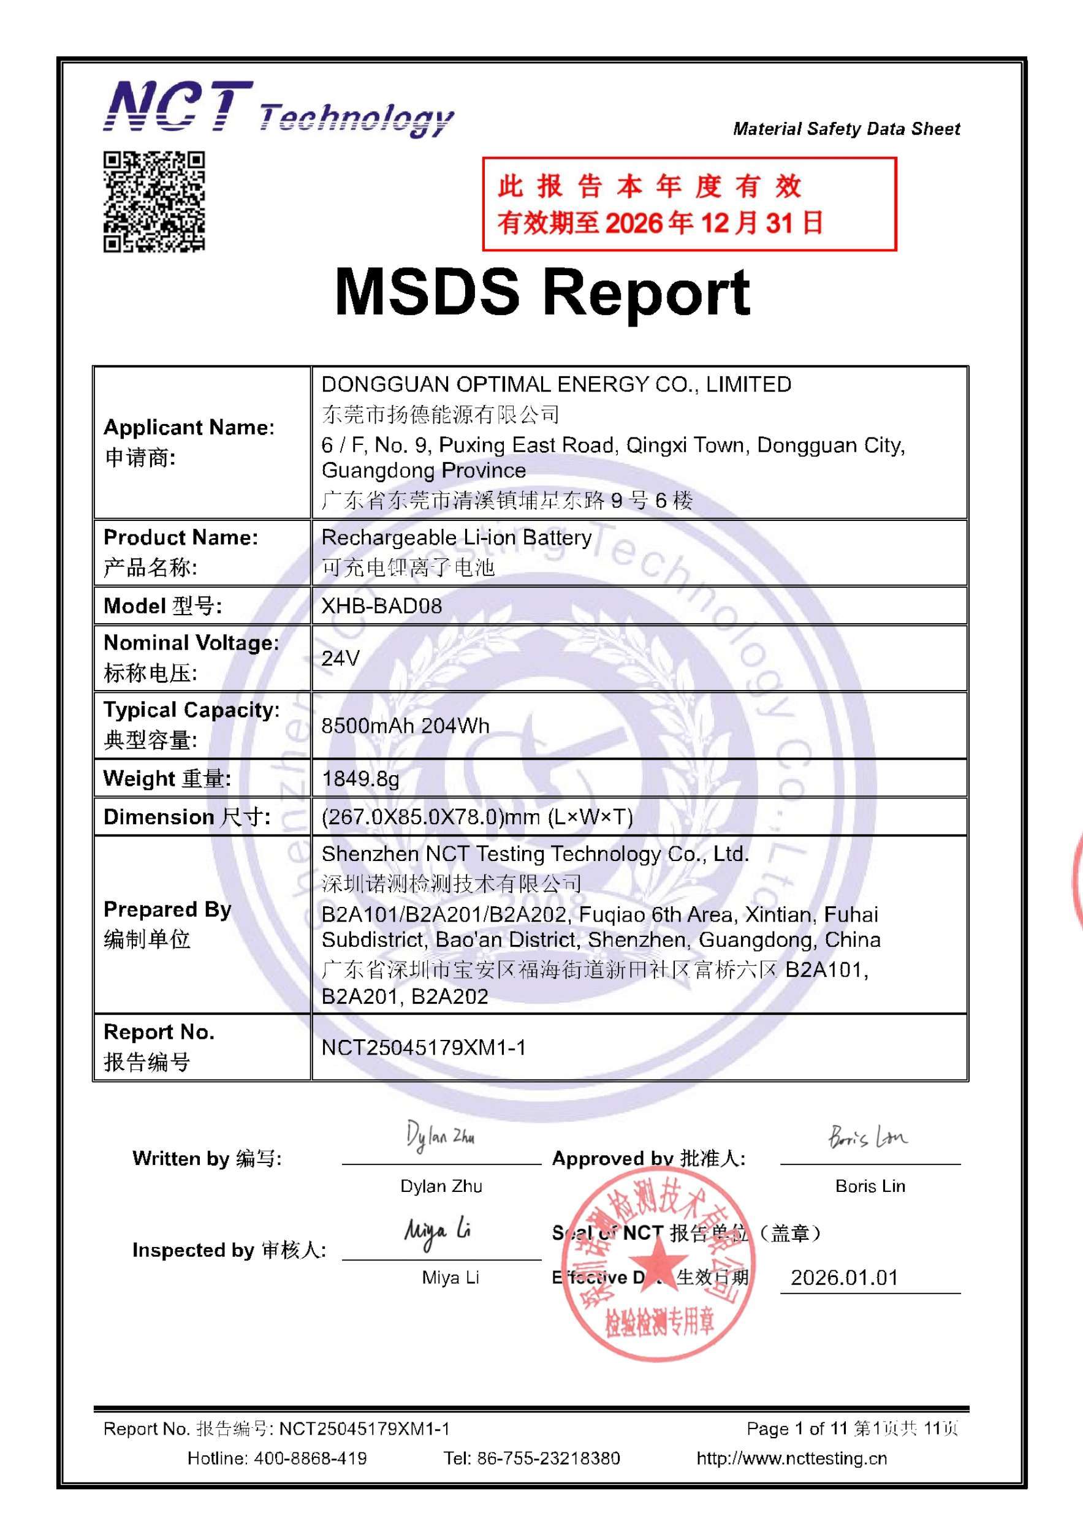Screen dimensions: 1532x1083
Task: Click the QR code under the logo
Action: click(x=153, y=202)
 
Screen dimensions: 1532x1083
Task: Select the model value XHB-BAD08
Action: click(x=382, y=606)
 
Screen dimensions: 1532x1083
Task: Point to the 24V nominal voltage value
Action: click(x=340, y=659)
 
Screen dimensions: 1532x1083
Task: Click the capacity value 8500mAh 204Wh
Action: click(x=405, y=726)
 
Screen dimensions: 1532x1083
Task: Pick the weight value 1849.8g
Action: click(x=360, y=778)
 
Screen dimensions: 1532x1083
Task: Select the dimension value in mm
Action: click(x=477, y=817)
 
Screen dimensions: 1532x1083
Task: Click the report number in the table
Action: click(x=424, y=1047)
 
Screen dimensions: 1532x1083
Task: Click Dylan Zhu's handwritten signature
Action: click(x=441, y=1137)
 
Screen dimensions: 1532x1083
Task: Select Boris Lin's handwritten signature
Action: click(x=867, y=1136)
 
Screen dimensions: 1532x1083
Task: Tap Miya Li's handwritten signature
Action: click(x=438, y=1232)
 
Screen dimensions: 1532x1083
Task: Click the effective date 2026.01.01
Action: click(x=844, y=1278)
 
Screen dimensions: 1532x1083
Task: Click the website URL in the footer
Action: click(x=791, y=1458)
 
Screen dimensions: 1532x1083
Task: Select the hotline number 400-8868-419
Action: click(x=310, y=1458)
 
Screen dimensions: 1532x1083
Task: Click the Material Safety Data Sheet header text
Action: click(x=846, y=129)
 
